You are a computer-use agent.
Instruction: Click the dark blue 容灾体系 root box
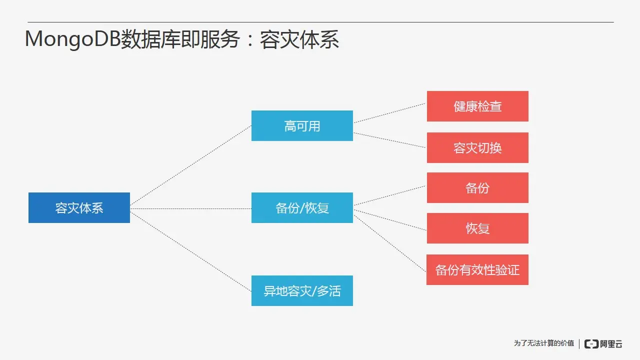point(79,207)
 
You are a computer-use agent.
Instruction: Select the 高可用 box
point(302,125)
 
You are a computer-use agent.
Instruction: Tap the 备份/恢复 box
point(302,207)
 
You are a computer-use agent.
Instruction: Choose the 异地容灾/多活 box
point(302,290)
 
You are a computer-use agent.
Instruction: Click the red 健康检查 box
point(477,106)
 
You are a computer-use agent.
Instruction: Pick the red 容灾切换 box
point(477,147)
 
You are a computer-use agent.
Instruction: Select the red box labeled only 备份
point(477,187)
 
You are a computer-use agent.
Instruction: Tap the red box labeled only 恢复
point(477,228)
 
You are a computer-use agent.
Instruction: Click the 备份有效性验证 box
point(477,269)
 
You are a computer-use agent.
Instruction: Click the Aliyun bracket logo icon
point(591,343)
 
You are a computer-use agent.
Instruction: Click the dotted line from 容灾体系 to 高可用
point(190,165)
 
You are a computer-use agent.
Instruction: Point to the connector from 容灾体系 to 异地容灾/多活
point(190,251)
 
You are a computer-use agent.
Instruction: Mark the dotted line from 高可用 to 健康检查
point(389,113)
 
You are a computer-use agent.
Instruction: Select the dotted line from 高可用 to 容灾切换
point(389,140)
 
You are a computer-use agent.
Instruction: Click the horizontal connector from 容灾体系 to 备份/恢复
point(190,208)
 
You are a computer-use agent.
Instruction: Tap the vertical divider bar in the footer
point(579,343)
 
